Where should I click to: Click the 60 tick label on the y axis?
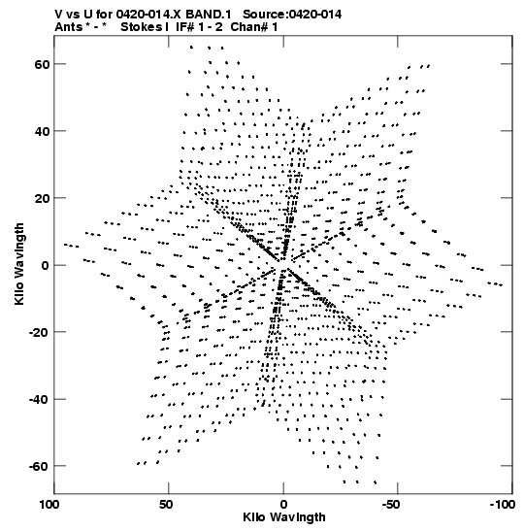(42, 64)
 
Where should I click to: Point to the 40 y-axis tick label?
(42, 131)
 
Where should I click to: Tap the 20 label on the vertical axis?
(42, 198)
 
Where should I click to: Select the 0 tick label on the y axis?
(46, 265)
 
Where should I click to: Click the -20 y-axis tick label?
(39, 332)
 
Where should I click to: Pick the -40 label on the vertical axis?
(39, 399)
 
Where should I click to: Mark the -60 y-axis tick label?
(39, 466)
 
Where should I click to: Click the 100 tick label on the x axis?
(49, 505)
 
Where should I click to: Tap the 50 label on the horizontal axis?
(166, 505)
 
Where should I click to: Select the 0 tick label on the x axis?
(283, 505)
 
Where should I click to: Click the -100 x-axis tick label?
(503, 505)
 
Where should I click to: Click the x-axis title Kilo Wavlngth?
(284, 517)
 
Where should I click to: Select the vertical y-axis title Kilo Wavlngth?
(19, 264)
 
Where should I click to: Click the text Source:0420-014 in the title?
(292, 15)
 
